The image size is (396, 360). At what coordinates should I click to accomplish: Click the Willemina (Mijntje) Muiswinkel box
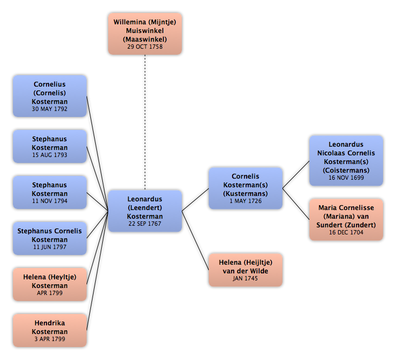click(x=145, y=34)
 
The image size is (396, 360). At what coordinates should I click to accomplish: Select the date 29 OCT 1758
click(x=145, y=47)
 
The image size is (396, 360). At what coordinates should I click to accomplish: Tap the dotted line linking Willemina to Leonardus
click(x=145, y=122)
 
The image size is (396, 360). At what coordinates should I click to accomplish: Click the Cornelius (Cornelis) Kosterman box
click(x=50, y=96)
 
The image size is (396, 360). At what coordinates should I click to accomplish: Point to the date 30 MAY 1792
click(x=50, y=109)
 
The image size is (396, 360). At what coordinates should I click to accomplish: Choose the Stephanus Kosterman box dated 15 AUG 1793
click(x=50, y=146)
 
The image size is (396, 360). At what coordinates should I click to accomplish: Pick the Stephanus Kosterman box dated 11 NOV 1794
click(x=50, y=192)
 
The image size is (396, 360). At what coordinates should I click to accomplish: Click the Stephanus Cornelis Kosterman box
click(x=50, y=238)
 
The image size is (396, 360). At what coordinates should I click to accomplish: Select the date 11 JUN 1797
click(x=50, y=247)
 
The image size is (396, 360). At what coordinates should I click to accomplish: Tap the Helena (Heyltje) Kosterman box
click(x=50, y=284)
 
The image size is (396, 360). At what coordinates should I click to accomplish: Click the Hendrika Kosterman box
click(x=50, y=330)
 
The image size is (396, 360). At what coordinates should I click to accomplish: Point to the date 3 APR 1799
click(x=50, y=339)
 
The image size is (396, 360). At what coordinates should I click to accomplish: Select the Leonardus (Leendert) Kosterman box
click(x=145, y=211)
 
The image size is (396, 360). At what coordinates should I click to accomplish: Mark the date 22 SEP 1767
click(x=145, y=224)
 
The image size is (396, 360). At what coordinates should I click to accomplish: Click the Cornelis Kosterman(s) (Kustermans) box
click(x=246, y=188)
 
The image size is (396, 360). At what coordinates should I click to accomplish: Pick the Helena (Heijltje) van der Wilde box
click(x=246, y=270)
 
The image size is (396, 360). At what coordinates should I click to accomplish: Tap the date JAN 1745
click(x=246, y=279)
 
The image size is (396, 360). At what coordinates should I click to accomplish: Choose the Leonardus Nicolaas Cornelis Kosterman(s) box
click(x=346, y=161)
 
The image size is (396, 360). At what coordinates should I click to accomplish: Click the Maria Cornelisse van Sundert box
click(x=346, y=219)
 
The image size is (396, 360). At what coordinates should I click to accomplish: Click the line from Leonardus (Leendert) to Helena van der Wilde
click(x=195, y=240)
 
